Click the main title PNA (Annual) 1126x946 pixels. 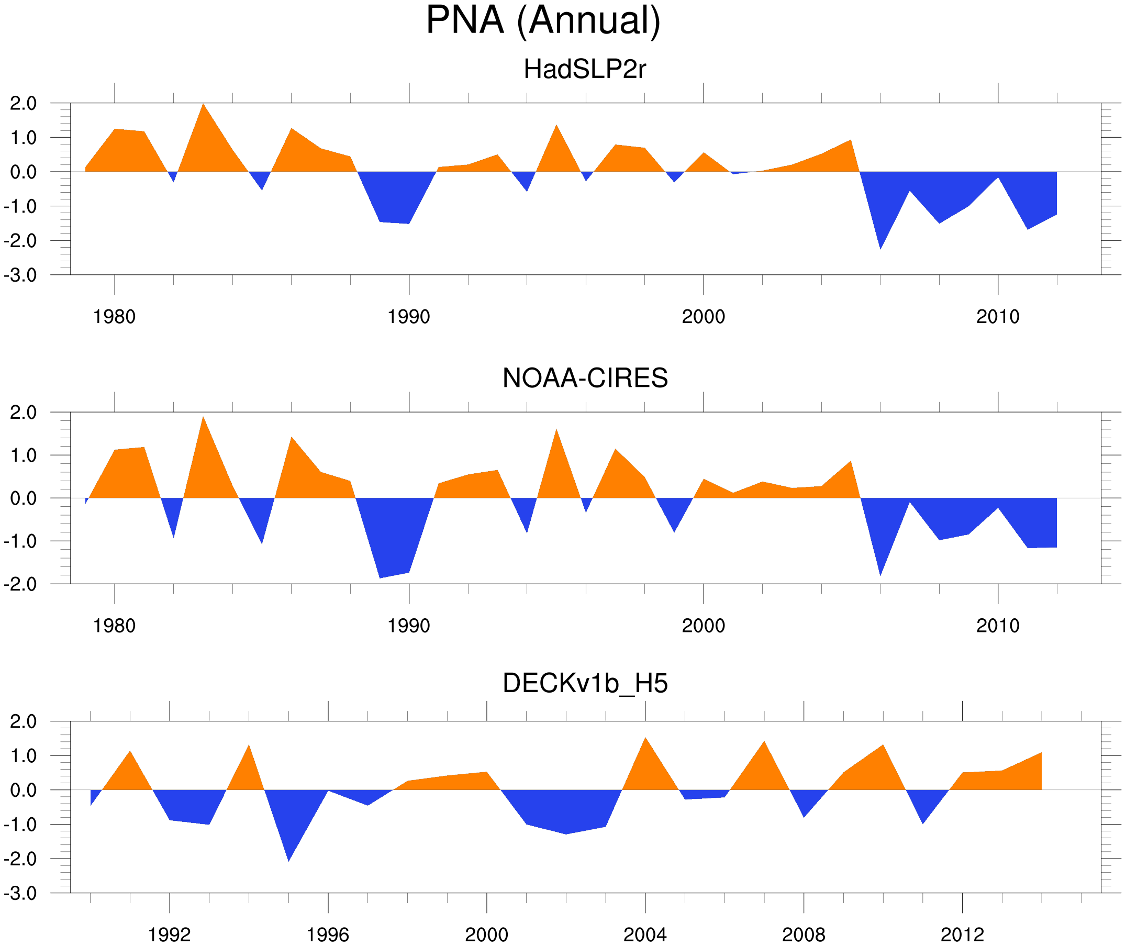pos(543,20)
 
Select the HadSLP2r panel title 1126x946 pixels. pos(584,69)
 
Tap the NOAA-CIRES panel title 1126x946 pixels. pos(585,378)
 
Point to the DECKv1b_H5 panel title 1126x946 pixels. pos(585,684)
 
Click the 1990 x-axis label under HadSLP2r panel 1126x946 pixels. pos(409,317)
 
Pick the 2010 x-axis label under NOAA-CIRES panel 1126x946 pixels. pos(997,626)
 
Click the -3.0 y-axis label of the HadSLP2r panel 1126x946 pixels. pos(20,276)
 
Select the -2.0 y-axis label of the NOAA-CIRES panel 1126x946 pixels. pos(20,585)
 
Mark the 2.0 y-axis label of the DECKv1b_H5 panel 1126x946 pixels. pos(24,722)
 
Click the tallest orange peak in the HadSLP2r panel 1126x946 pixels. pos(203,106)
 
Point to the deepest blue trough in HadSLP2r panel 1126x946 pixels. pos(880,247)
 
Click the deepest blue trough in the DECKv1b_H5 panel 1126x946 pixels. pos(288,858)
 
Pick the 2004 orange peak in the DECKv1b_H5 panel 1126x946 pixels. pos(645,741)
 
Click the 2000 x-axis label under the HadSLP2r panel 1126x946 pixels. pos(703,317)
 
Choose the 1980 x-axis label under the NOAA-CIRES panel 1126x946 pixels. pos(114,626)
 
